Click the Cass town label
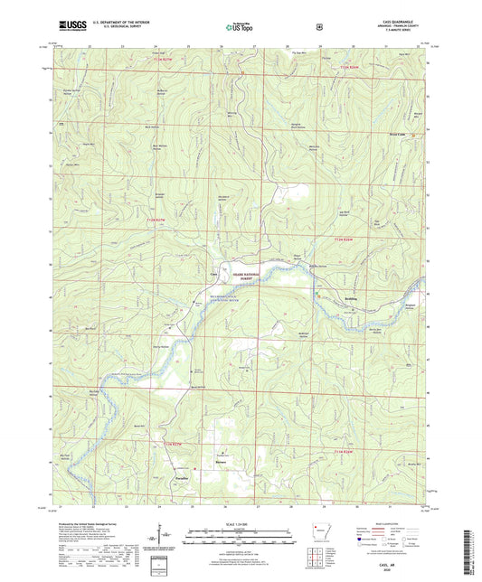pos(214,275)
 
